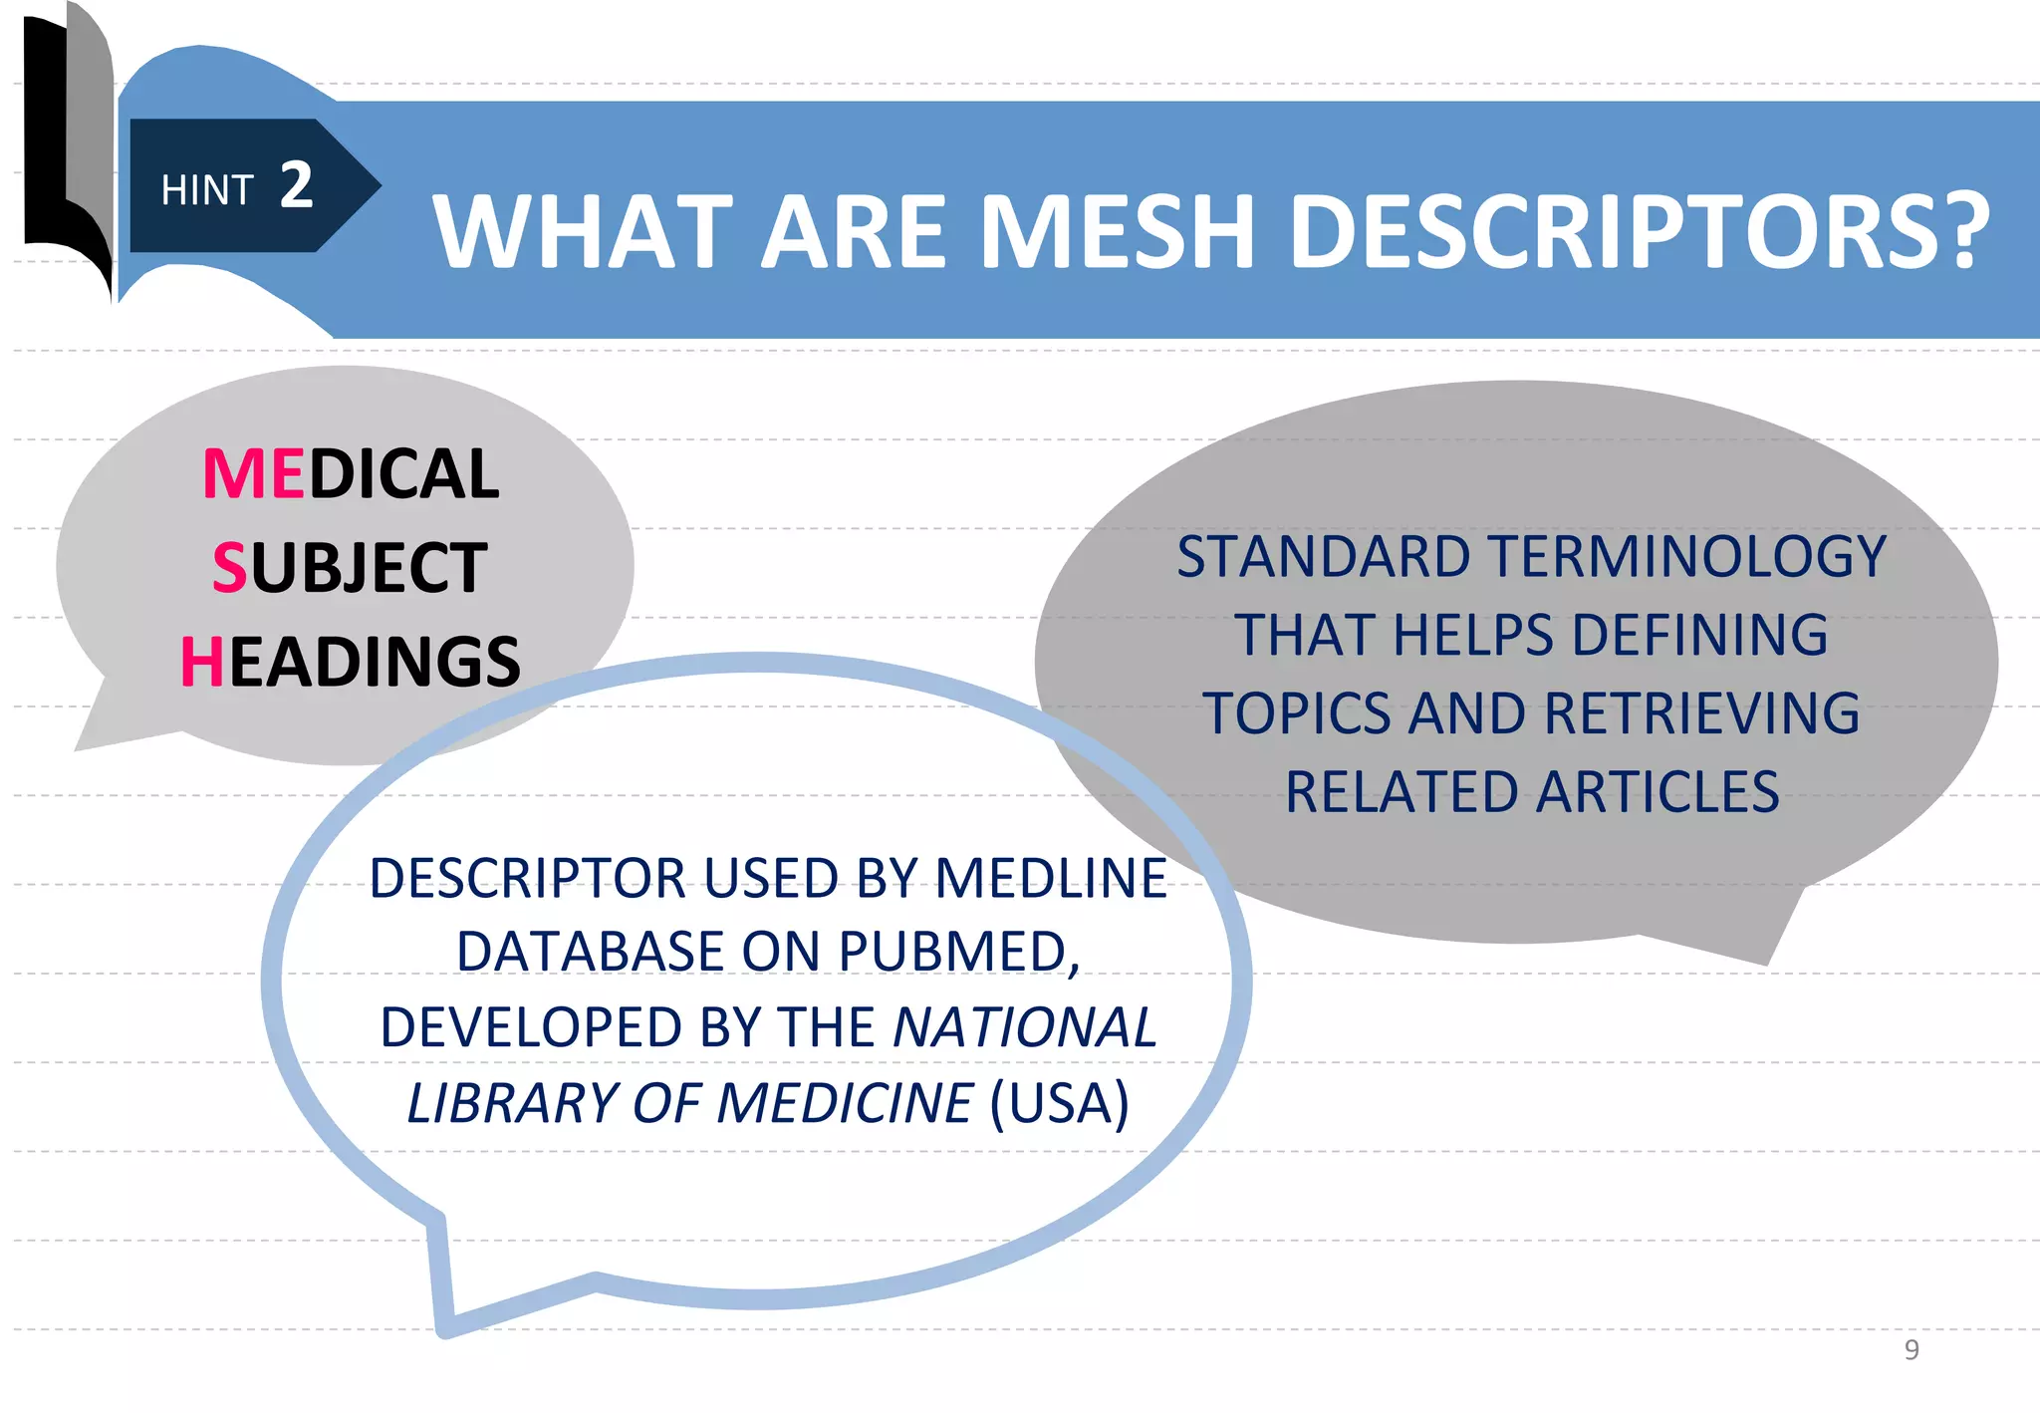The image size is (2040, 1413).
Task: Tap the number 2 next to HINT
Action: [296, 185]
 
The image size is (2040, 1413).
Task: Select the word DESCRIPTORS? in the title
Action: [1639, 231]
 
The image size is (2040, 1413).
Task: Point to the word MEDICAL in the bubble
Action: [351, 473]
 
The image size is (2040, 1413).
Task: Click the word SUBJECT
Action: [350, 568]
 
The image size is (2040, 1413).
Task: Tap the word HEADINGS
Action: [351, 662]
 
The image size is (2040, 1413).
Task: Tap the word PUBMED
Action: [959, 952]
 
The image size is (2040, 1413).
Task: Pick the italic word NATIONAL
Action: [1024, 1027]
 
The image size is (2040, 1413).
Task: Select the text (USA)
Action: [1060, 1103]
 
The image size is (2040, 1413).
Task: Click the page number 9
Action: [1911, 1349]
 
